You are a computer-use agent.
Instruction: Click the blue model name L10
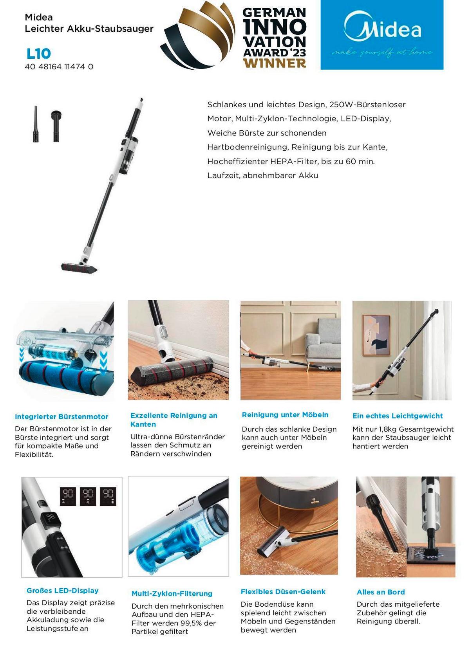pyautogui.click(x=39, y=54)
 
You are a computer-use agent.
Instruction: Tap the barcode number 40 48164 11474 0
pyautogui.click(x=59, y=67)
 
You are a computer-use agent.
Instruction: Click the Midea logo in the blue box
pyautogui.click(x=382, y=28)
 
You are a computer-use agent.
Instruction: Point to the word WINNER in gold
pyautogui.click(x=274, y=63)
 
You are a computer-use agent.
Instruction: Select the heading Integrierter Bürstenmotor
pyautogui.click(x=61, y=416)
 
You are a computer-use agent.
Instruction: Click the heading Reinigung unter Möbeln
pyautogui.click(x=285, y=415)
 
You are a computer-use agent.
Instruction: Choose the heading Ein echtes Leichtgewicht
pyautogui.click(x=398, y=416)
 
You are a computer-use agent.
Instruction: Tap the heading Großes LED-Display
pyautogui.click(x=62, y=591)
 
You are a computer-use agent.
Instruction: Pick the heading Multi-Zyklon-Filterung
pyautogui.click(x=172, y=593)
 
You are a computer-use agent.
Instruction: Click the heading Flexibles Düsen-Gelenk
pyautogui.click(x=283, y=592)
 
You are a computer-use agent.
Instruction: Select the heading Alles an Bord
pyautogui.click(x=381, y=592)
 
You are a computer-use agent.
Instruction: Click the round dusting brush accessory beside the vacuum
pyautogui.click(x=56, y=126)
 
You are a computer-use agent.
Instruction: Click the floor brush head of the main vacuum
pyautogui.click(x=80, y=267)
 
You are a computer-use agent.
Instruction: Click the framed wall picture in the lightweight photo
pyautogui.click(x=376, y=335)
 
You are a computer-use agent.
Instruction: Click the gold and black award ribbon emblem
pyautogui.click(x=197, y=35)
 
